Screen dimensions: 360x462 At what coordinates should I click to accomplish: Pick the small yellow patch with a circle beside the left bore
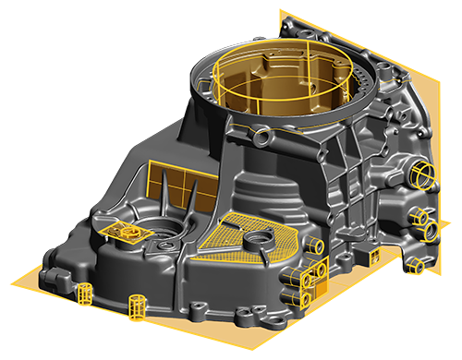click(x=117, y=231)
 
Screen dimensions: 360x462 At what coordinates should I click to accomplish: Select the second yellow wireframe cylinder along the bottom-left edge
click(x=140, y=303)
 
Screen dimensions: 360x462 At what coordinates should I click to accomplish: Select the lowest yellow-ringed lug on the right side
click(x=417, y=266)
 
